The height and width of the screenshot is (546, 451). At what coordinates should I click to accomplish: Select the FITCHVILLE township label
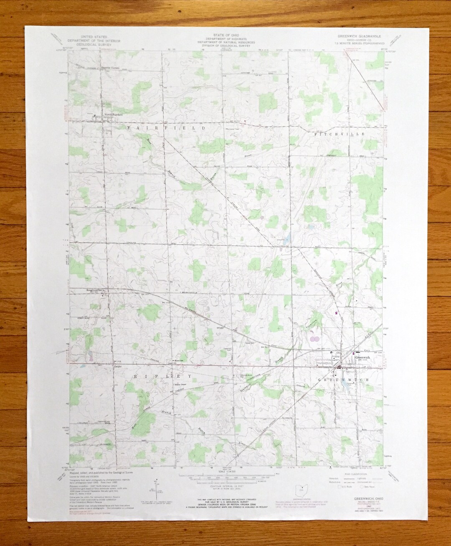[x=339, y=134]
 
